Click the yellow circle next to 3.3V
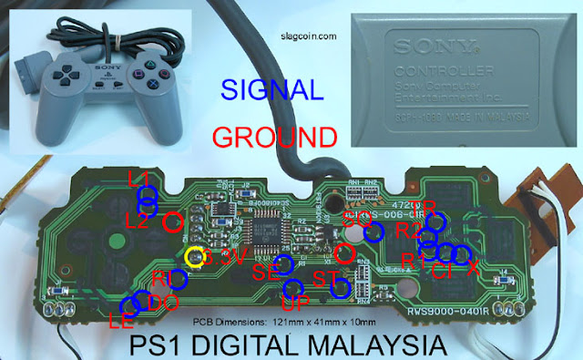click(194, 258)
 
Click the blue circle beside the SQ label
click(373, 231)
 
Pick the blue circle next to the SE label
click(285, 264)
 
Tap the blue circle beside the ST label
click(341, 289)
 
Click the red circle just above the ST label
click(343, 252)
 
